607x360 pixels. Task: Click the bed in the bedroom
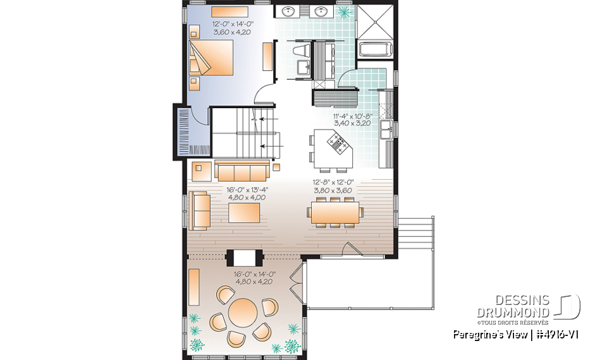[x=211, y=58]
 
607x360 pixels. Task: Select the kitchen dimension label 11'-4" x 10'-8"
[x=352, y=116]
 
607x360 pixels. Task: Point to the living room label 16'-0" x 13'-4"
[x=247, y=190]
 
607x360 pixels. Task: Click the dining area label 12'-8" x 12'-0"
[x=333, y=182]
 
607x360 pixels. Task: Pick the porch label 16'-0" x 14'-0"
[x=254, y=275]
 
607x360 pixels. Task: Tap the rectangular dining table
[x=335, y=213]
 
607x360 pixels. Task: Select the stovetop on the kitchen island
[x=337, y=142]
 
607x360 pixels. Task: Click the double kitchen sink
[x=386, y=130]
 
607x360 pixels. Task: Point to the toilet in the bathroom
[x=301, y=51]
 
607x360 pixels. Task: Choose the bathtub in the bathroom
[x=376, y=49]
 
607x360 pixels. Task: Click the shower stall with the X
[x=375, y=21]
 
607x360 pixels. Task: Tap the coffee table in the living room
[x=244, y=213]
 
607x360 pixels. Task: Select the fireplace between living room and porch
[x=244, y=258]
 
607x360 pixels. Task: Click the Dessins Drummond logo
[x=529, y=309]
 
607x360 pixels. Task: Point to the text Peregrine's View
[x=490, y=335]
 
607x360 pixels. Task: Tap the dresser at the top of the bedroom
[x=230, y=11]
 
